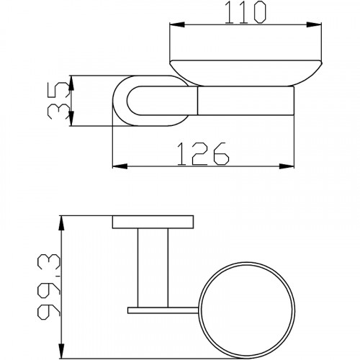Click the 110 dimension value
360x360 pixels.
(x=246, y=12)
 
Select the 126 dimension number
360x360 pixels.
(x=203, y=154)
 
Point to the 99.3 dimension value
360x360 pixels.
(x=49, y=287)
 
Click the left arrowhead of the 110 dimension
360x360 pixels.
(x=177, y=24)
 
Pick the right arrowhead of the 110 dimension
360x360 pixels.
(x=314, y=24)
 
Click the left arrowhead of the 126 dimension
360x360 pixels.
(x=120, y=166)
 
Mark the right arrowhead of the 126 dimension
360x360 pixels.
(x=287, y=166)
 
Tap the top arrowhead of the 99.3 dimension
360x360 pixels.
(x=62, y=223)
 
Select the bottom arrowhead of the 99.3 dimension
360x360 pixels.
(x=62, y=351)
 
